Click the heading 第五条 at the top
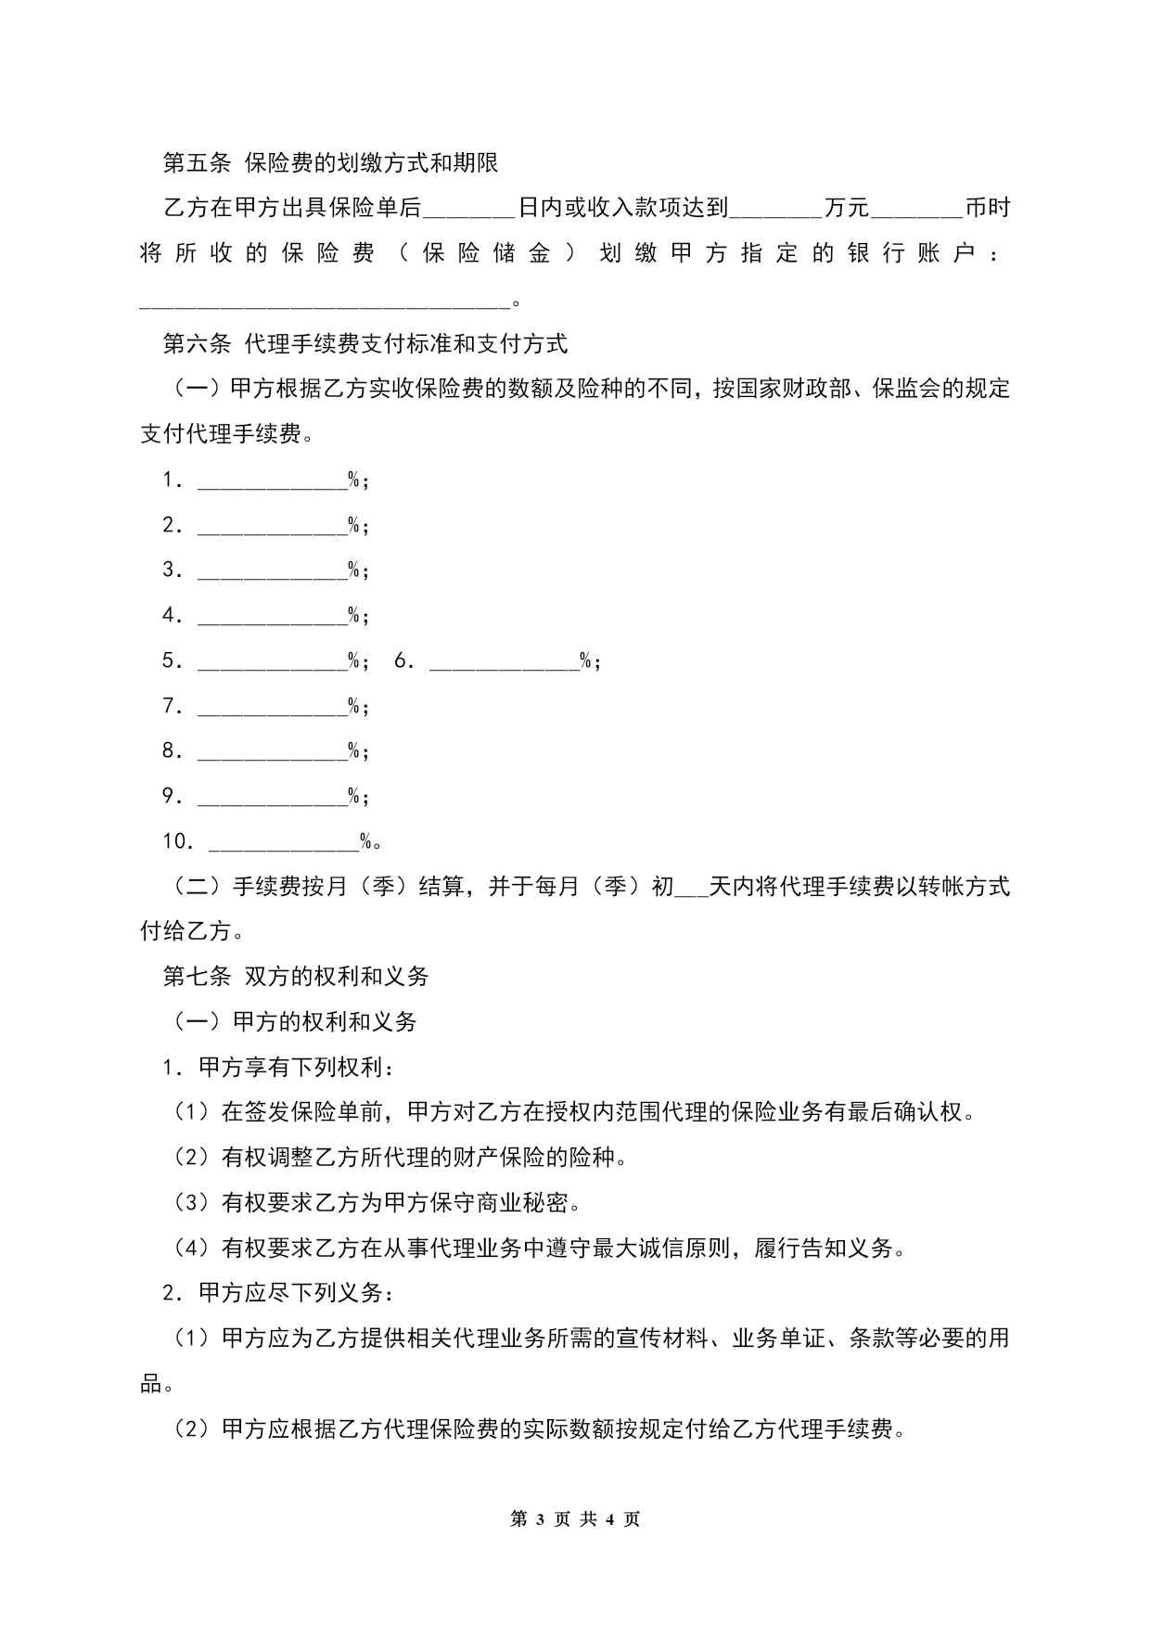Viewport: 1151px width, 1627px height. coord(197,163)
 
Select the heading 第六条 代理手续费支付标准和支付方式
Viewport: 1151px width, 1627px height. coord(365,344)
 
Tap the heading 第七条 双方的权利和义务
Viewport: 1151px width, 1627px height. coord(296,976)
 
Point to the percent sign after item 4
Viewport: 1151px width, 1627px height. coord(353,615)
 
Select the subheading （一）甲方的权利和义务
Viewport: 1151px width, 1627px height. coord(296,1021)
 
